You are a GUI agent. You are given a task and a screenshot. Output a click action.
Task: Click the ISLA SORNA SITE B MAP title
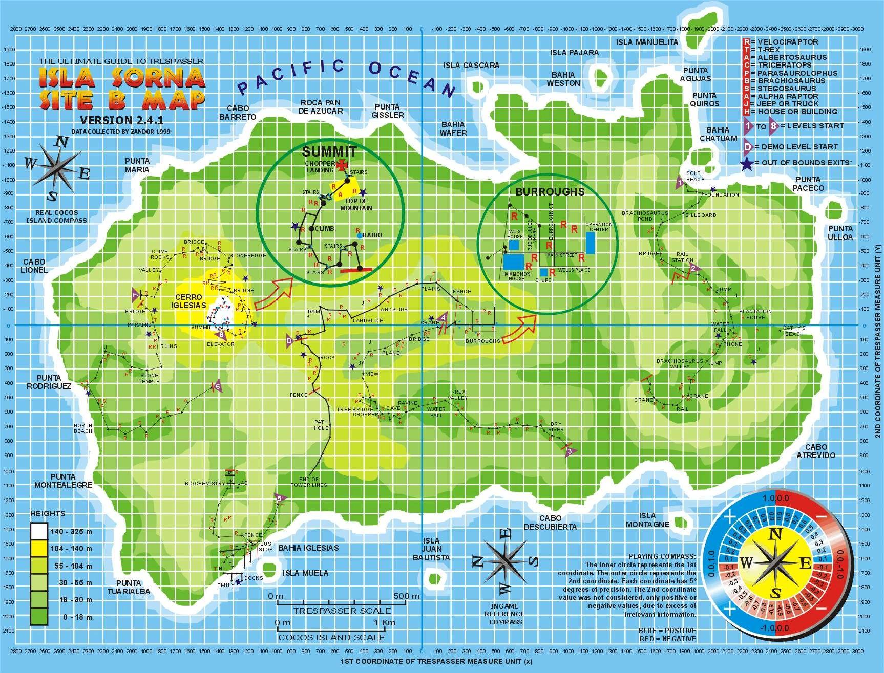122,88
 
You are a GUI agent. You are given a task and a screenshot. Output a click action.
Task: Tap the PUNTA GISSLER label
387,111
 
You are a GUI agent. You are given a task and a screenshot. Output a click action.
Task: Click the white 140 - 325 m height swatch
38,532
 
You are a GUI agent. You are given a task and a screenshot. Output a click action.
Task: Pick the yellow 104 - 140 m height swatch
38,549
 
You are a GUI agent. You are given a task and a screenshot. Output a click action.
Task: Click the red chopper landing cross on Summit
342,165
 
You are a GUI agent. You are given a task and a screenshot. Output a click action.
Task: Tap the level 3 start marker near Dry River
570,451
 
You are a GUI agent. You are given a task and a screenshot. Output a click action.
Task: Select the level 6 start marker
217,387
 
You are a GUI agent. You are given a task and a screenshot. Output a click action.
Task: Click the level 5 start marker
279,497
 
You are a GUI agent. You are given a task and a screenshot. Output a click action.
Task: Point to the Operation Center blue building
591,243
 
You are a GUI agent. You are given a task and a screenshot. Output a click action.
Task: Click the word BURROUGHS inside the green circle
550,192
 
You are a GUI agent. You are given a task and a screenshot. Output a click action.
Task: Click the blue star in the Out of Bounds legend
747,164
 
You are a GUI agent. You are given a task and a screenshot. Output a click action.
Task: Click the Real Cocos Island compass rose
56,168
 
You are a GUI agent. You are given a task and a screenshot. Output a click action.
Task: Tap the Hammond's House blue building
513,262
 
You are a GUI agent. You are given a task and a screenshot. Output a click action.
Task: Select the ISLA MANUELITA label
647,42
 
